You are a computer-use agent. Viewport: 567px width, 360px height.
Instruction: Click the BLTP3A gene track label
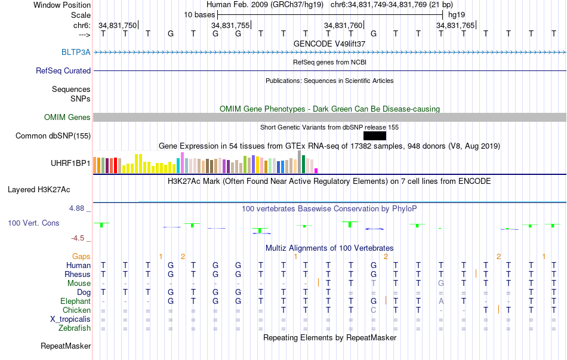[76, 52]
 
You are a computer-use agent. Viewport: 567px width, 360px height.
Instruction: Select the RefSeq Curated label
[63, 70]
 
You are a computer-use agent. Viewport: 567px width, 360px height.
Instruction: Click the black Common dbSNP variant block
[374, 136]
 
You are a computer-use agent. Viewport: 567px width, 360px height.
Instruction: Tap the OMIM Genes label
[67, 117]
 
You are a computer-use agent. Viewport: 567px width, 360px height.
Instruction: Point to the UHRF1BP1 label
[70, 163]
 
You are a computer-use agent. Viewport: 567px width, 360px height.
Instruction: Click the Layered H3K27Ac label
[39, 190]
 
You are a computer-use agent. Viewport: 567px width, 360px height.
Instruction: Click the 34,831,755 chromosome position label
[230, 25]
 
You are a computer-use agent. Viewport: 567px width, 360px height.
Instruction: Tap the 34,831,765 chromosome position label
[455, 25]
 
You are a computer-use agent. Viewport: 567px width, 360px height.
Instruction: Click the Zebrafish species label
[75, 328]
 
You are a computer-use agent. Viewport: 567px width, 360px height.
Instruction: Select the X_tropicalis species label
[70, 319]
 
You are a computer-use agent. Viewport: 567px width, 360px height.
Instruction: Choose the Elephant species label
[75, 301]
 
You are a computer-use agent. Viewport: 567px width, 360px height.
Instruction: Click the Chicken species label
[76, 310]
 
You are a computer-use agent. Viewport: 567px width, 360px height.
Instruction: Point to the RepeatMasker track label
[66, 346]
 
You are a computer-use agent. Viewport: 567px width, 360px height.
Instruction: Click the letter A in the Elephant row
[440, 301]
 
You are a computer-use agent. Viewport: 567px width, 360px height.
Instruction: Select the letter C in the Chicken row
[373, 310]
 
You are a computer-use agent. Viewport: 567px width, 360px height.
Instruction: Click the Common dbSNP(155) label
[53, 136]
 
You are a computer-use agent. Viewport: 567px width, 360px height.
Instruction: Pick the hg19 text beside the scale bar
[457, 14]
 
